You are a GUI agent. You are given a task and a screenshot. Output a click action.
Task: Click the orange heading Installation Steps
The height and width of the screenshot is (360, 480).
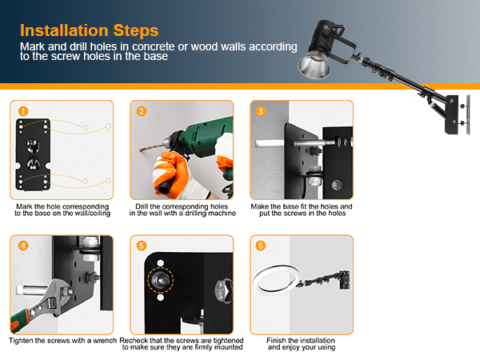coord(89,30)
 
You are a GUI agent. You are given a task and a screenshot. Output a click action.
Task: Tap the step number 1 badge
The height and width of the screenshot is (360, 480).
coord(23,111)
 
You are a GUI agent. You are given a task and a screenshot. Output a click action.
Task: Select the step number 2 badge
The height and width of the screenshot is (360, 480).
coord(141,111)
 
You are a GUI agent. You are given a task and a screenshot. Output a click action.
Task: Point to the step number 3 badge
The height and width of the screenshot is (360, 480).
coord(261,111)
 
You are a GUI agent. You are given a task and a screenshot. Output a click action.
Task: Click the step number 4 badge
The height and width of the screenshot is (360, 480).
coord(23,246)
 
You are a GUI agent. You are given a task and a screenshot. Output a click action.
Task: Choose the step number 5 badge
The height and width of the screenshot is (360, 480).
coord(141,246)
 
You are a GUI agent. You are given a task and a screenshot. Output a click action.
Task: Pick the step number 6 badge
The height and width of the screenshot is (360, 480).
coord(261,246)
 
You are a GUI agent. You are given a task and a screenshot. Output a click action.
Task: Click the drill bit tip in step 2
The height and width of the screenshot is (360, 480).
coord(140,150)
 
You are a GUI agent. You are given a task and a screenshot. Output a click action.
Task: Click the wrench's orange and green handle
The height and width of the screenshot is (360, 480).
coord(20,321)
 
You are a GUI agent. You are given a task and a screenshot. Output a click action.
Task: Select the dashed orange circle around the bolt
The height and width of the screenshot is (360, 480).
coord(161,279)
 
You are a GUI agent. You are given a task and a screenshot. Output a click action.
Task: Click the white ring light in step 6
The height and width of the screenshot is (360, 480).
coord(276,279)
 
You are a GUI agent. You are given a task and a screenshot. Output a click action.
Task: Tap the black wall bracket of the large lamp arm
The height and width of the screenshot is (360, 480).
coord(452,114)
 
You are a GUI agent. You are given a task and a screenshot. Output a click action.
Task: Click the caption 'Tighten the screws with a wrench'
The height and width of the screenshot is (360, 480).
coord(62,341)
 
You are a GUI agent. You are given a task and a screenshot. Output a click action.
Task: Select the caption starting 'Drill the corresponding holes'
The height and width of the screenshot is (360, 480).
coord(182,210)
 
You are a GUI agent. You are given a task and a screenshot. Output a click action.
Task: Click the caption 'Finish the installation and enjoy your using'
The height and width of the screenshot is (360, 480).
coord(302,344)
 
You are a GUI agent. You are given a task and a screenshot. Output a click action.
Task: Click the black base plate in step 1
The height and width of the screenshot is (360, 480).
coord(33,154)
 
